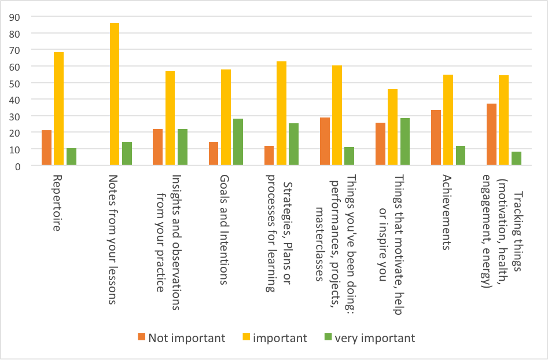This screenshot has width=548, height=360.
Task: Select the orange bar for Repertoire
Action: pos(46,148)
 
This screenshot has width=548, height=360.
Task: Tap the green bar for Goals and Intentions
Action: pos(238,142)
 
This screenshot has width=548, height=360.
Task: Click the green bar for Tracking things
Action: pos(516,159)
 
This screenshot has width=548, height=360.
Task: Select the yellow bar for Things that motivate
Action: pos(392,127)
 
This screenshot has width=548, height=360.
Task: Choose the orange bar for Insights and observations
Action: pos(157,148)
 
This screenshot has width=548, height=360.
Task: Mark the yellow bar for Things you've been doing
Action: pos(337,116)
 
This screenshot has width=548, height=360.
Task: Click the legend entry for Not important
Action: pos(181,338)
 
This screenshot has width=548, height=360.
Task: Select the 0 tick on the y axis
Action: pos(18,166)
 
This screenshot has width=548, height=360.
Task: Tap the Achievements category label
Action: pos(446,212)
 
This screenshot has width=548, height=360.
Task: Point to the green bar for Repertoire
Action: pos(71,157)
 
